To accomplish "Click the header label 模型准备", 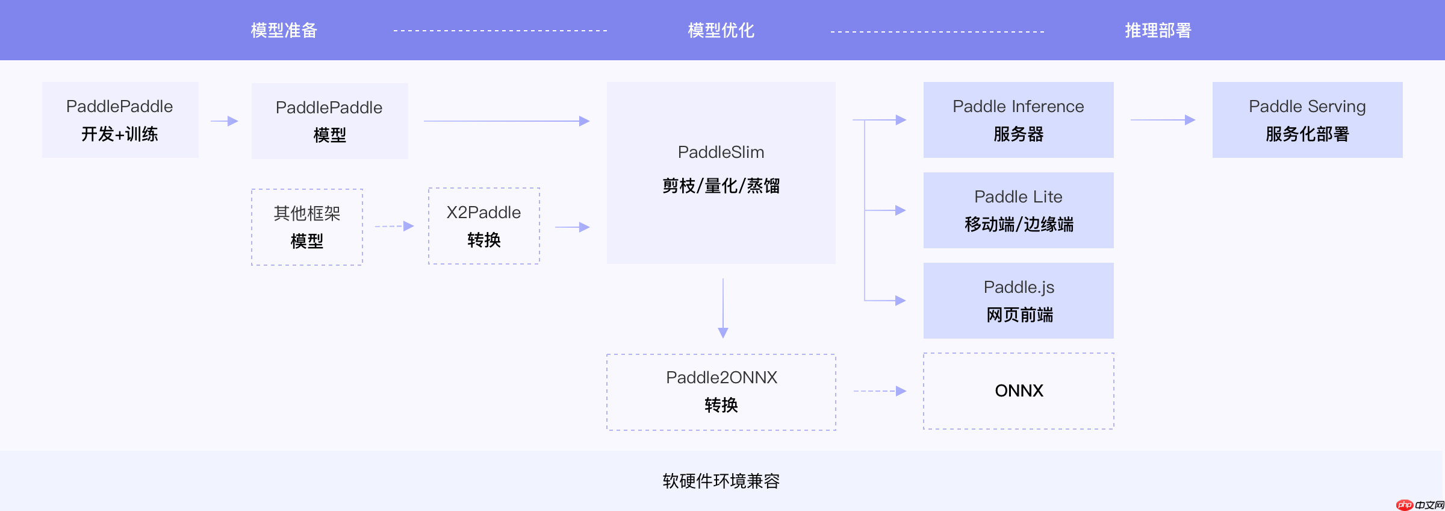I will (284, 30).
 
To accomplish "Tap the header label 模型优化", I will (721, 30).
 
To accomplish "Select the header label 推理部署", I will (1158, 30).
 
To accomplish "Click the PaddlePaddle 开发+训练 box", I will (120, 120).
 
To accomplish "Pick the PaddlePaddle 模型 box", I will (329, 121).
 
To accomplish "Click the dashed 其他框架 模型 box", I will (307, 227).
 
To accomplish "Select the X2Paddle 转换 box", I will (483, 226).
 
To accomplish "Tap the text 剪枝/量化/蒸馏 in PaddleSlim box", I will (721, 186).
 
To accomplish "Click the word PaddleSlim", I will (721, 152).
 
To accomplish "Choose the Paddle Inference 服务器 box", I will (1018, 120).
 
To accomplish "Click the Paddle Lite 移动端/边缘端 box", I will (1018, 210).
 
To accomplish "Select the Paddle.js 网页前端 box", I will (1018, 301).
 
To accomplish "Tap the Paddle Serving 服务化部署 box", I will (1307, 120).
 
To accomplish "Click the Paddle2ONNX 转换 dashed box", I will (721, 392).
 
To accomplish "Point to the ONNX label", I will (1019, 391).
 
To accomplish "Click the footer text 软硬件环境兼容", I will (721, 481).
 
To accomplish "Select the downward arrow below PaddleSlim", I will (723, 307).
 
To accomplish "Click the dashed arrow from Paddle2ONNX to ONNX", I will (880, 391).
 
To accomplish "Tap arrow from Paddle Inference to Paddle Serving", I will (1163, 120).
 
